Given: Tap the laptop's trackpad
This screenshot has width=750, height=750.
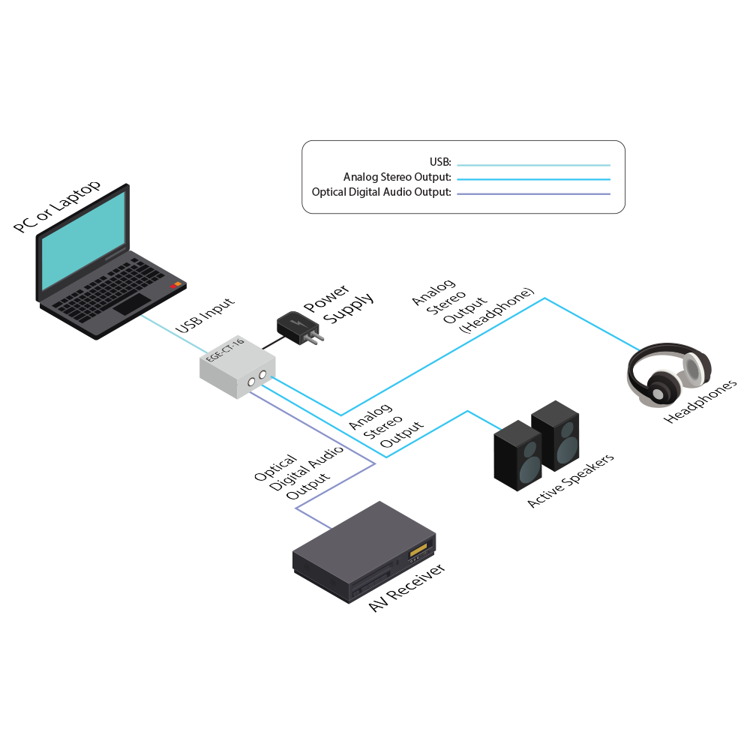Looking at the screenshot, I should pos(131,304).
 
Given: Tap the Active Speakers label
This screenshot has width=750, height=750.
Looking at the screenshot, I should pos(571,481).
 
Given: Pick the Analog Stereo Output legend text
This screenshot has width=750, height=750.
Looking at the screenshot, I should pos(397,178).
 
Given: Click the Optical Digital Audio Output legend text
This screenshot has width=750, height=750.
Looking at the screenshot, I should pos(382,193).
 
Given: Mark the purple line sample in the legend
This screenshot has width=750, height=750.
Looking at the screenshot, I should pos(533,193).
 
